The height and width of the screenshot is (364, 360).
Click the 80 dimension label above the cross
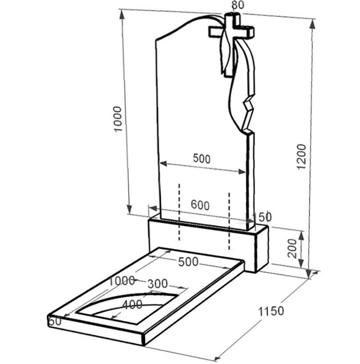[238, 5]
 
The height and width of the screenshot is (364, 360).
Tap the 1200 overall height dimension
[302, 157]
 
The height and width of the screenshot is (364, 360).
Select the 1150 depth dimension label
[271, 311]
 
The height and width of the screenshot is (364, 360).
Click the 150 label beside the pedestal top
[261, 217]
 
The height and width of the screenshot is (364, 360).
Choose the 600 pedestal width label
[200, 205]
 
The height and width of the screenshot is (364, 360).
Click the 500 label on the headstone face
[202, 159]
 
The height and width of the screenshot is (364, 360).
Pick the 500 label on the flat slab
[188, 262]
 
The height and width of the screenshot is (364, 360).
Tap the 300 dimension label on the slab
[158, 283]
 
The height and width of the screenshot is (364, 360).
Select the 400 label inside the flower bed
[132, 304]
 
